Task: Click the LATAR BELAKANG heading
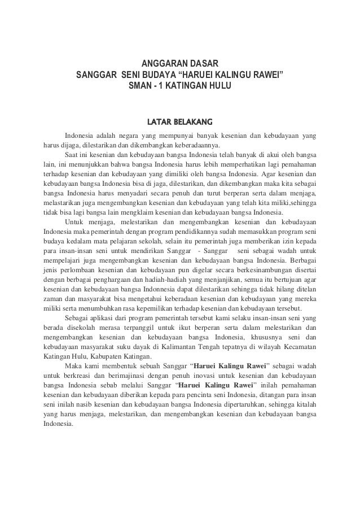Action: (x=179, y=121)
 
